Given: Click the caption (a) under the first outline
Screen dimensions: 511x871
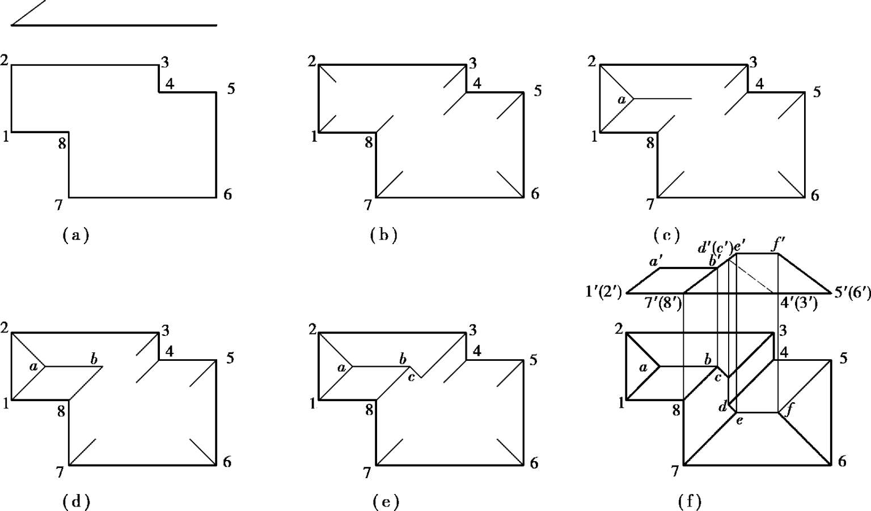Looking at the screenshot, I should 75,235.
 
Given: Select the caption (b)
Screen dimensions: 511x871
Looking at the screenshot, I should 383,235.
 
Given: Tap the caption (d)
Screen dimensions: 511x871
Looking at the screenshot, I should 76,501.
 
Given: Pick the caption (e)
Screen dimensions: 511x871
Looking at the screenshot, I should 386,501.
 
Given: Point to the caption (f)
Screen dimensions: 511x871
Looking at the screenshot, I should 690,501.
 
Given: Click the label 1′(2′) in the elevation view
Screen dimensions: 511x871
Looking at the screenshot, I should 603,292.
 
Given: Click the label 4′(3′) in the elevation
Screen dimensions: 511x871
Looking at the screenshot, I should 798,303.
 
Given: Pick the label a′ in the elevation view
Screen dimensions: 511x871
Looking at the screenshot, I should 656,262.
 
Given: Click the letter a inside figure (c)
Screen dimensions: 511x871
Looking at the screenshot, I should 621,100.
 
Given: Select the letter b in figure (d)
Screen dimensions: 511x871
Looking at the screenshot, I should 94,359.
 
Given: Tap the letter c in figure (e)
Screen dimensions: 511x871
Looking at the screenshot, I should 412,377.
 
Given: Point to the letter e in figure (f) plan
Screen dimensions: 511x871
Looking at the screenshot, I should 739,420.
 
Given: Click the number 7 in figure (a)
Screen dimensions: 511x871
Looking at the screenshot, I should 58,205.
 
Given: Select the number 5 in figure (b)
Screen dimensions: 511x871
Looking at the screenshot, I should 538,90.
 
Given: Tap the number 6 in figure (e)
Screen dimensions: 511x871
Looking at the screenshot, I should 534,463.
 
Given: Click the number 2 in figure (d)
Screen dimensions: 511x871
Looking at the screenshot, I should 5,327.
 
